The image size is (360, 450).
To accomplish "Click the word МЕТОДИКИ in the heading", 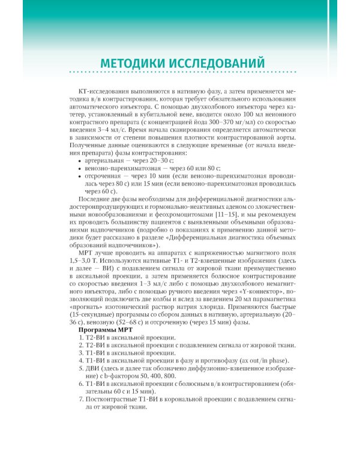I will pyautogui.click(x=135, y=63).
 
